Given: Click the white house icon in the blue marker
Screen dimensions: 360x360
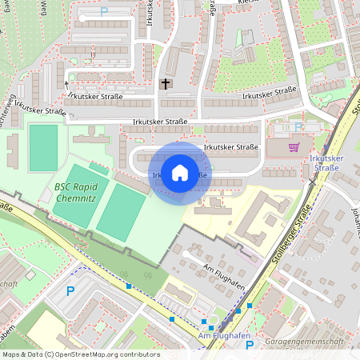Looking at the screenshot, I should [x=180, y=172].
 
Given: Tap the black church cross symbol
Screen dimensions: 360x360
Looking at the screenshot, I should [x=166, y=83].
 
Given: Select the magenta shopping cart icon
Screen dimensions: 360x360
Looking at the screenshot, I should [x=294, y=146].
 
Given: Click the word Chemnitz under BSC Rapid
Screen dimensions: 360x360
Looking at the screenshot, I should [x=77, y=198].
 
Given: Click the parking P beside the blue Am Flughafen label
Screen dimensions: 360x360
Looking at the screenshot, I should [x=250, y=345].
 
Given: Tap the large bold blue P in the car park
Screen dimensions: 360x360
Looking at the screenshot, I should [x=70, y=291].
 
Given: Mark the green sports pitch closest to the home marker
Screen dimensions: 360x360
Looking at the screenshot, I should [x=121, y=211].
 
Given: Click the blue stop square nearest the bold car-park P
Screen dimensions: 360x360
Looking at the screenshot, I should [x=128, y=286].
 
